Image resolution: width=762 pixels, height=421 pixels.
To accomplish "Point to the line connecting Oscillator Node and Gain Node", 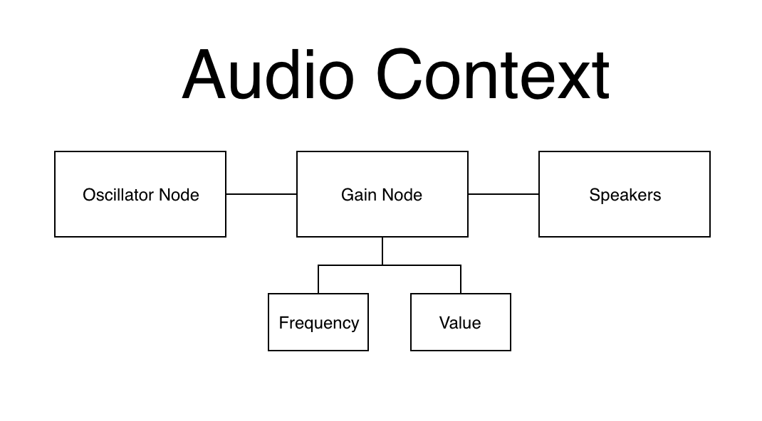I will (x=261, y=193).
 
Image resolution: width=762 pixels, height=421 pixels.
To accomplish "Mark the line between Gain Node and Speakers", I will (x=503, y=193).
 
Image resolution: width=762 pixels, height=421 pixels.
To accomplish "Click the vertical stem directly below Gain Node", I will (x=382, y=250).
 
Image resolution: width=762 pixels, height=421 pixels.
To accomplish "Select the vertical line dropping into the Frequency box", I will (x=318, y=279).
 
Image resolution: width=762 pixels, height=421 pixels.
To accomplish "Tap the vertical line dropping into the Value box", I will (x=461, y=279).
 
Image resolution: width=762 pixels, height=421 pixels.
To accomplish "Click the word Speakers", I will (x=625, y=195).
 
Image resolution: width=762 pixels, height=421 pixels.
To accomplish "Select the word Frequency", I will (x=318, y=323).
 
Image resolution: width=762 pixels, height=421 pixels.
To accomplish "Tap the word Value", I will (x=460, y=323).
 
